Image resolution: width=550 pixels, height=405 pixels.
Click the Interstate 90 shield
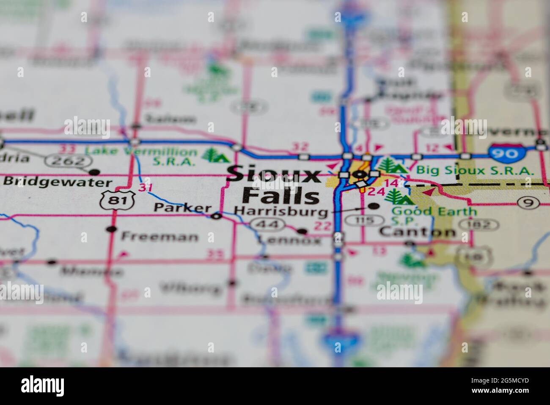click(x=506, y=153)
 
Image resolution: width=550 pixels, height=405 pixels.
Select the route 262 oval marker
click(x=69, y=161)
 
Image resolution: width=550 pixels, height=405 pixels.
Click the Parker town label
click(x=182, y=208)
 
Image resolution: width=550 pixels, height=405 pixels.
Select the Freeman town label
click(x=159, y=236)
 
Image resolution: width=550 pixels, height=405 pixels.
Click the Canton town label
click(x=418, y=232)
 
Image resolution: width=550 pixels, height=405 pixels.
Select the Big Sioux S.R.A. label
click(x=475, y=170)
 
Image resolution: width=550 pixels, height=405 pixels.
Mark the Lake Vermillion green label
click(x=141, y=151)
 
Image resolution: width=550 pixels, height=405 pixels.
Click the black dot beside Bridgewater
click(x=95, y=172)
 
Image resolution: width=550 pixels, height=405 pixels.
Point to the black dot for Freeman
click(x=112, y=229)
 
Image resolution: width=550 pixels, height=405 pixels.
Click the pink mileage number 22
click(x=323, y=226)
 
